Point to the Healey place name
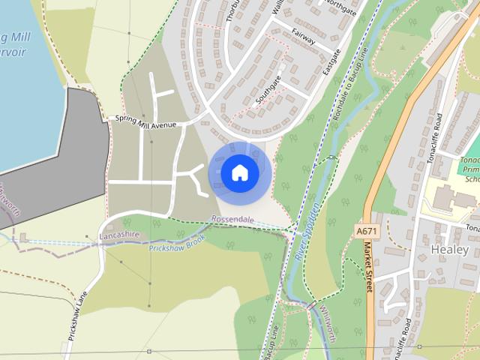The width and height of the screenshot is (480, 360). [450, 249]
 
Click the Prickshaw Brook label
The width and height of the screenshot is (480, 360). [177, 247]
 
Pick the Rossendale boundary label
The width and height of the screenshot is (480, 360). [232, 220]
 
